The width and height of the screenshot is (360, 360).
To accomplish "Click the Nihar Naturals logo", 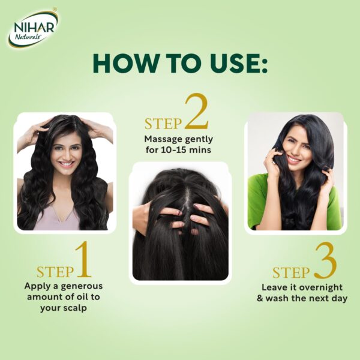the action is [33, 28].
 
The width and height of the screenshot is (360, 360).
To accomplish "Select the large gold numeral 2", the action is [196, 111].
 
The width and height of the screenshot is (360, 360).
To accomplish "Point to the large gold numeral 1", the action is [84, 259].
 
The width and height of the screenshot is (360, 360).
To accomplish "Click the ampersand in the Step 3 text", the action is [260, 298].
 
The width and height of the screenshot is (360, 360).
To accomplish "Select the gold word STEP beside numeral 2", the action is [163, 124].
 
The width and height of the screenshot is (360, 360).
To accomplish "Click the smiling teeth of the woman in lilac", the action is [67, 164].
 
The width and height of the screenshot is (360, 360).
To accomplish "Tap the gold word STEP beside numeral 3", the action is [291, 272].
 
